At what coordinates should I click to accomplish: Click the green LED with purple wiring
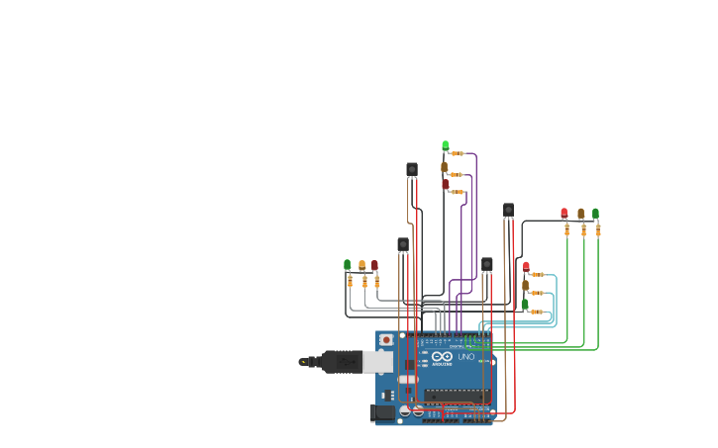click(445, 145)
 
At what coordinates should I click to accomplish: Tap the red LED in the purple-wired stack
click(445, 184)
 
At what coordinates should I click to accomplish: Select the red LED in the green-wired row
click(564, 213)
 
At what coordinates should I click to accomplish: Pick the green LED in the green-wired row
click(595, 213)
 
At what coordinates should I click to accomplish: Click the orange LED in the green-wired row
click(580, 213)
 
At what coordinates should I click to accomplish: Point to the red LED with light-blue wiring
click(526, 266)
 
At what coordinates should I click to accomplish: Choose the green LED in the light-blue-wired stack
click(525, 305)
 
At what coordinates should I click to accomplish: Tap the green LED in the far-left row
click(348, 265)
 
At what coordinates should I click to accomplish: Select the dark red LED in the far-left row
click(374, 265)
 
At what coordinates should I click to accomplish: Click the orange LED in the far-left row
click(361, 265)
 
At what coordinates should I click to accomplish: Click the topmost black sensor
click(412, 169)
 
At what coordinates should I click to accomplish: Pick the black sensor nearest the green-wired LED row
click(508, 210)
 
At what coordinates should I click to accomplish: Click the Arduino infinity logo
click(442, 357)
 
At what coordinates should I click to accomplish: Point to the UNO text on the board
click(464, 357)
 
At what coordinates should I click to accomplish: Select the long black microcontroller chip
click(457, 396)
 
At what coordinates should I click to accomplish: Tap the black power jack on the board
click(383, 412)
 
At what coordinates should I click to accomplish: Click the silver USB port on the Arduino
click(377, 362)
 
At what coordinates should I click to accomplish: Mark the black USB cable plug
click(342, 362)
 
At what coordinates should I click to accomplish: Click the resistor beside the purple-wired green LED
click(457, 153)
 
